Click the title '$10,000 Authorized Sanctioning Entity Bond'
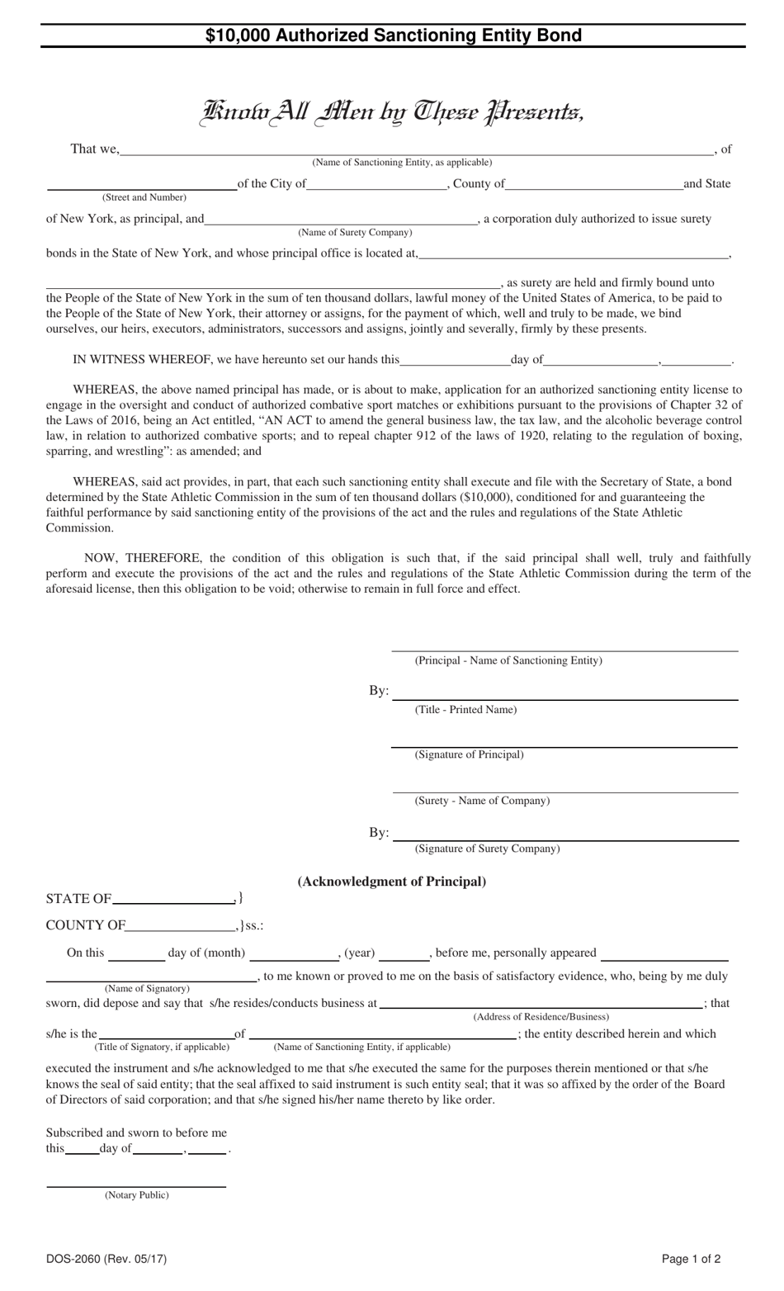click(393, 35)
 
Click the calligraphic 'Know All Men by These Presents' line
click(393, 111)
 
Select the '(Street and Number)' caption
click(144, 197)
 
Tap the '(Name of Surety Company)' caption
click(355, 232)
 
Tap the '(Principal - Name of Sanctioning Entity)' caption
click(508, 660)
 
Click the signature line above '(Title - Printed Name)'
click(564, 698)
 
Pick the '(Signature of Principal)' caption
click(469, 754)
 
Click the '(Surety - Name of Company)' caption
click(482, 801)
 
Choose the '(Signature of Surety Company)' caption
click(487, 849)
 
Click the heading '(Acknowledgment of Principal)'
click(391, 882)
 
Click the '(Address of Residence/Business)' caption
click(541, 1017)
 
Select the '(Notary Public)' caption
click(136, 1195)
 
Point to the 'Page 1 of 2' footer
click(691, 1260)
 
